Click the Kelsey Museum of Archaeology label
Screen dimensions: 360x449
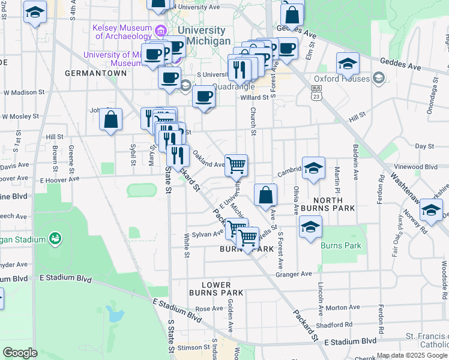(x=122, y=32)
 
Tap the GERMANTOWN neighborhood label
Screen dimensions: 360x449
(x=96, y=73)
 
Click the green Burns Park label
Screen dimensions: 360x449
(x=341, y=245)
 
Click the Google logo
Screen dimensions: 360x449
(x=20, y=352)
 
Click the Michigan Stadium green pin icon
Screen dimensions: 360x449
(x=55, y=239)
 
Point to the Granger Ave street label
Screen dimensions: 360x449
(x=294, y=274)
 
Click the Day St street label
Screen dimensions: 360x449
(x=424, y=146)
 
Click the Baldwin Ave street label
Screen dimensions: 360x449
(x=355, y=158)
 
